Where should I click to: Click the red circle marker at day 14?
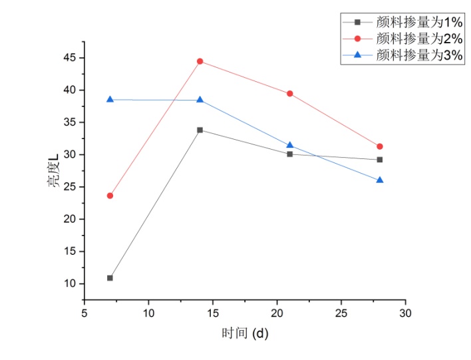click(200, 61)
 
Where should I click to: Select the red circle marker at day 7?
click(110, 196)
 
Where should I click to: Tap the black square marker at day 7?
click(110, 277)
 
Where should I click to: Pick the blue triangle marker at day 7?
click(110, 99)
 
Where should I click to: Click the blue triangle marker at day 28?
click(380, 180)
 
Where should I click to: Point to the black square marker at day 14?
click(200, 130)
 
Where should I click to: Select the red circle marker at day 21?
click(290, 94)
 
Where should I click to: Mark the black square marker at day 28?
click(380, 160)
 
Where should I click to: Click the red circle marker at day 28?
click(380, 146)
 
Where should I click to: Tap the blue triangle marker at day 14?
click(200, 100)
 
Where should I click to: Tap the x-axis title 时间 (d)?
click(245, 333)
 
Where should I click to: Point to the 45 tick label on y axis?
click(69, 57)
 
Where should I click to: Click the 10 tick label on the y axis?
click(69, 283)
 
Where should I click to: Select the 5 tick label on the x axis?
click(84, 312)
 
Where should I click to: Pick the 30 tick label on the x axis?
click(405, 312)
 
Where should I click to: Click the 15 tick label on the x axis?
click(213, 312)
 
